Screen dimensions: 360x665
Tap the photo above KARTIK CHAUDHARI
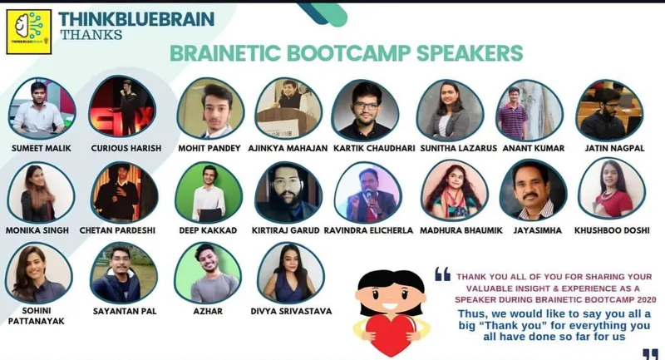click(365, 109)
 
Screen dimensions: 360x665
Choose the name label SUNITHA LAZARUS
click(455, 148)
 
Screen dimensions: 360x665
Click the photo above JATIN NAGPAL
click(609, 109)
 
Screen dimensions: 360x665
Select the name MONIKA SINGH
click(39, 229)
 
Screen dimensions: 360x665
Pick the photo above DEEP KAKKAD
click(208, 191)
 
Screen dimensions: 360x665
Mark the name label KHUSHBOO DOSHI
click(610, 229)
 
